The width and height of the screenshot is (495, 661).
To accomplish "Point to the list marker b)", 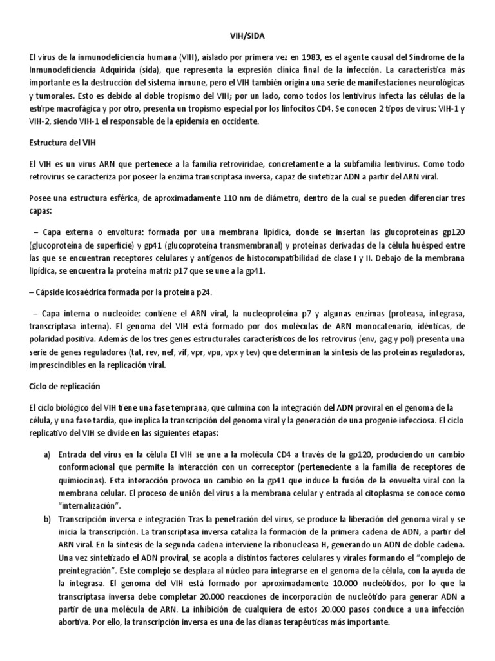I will click(x=48, y=500).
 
